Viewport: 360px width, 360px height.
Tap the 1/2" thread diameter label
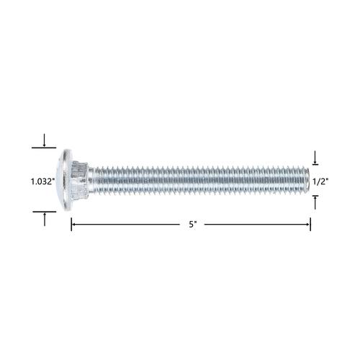[x=320, y=181]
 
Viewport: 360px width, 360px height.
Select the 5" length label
[x=193, y=225]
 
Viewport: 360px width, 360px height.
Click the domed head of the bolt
[x=65, y=180]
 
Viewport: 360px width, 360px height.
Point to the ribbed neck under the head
[x=80, y=180]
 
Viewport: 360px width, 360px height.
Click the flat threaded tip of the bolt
[x=308, y=180]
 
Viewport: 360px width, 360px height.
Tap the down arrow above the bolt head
[x=44, y=140]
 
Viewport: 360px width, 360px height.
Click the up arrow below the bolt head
[x=45, y=219]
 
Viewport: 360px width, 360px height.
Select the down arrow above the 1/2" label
[x=315, y=158]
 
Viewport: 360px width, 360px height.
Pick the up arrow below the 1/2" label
[x=315, y=202]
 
